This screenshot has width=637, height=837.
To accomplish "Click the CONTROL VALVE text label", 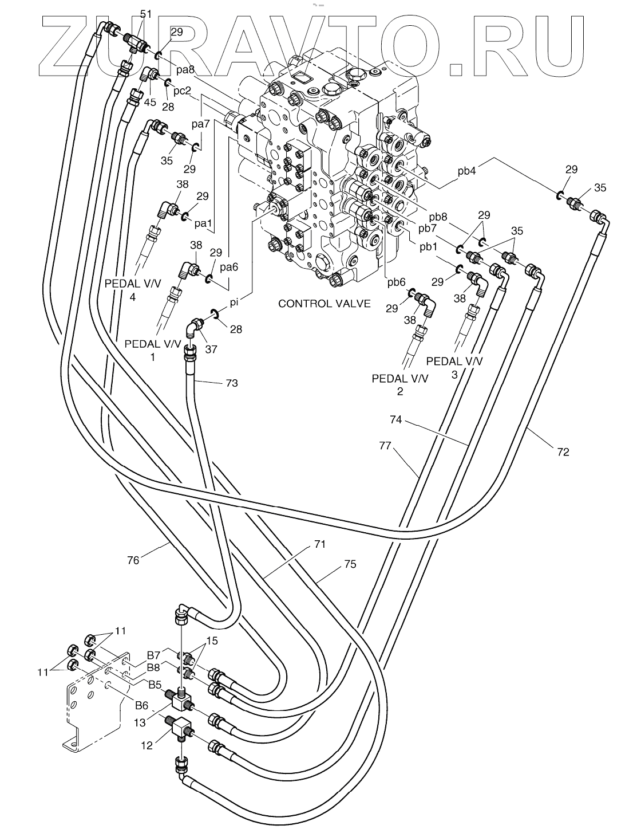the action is click(x=324, y=304).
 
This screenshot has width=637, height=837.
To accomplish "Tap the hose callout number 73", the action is click(x=232, y=383).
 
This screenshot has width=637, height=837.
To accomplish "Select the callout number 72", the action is click(x=563, y=452).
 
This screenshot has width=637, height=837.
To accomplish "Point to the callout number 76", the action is click(x=133, y=560).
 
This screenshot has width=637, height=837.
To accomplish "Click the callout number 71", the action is click(x=320, y=544).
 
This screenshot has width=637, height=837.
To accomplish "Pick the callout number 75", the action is click(x=350, y=564).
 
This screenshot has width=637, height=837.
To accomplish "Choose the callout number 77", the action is click(x=385, y=445).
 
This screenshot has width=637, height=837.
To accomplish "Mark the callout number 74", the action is click(x=396, y=419).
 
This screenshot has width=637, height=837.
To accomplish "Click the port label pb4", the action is click(x=466, y=171).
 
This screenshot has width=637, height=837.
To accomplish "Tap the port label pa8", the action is click(x=185, y=70).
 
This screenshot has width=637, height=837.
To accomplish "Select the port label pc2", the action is click(x=182, y=91).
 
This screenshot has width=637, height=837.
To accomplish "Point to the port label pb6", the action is click(x=396, y=282).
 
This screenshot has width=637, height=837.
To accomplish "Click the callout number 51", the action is click(x=146, y=14).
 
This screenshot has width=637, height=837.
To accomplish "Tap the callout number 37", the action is click(x=211, y=349).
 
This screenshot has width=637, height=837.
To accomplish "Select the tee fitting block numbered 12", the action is click(x=180, y=729).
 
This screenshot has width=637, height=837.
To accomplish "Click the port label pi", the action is click(x=234, y=302).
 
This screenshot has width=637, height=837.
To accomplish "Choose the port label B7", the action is click(x=153, y=655).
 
